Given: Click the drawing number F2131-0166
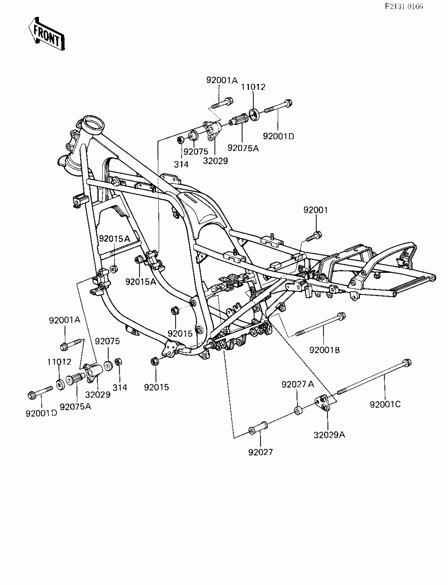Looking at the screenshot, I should pyautogui.click(x=404, y=6).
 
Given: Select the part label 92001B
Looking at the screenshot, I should pyautogui.click(x=324, y=350).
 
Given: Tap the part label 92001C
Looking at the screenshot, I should pyautogui.click(x=385, y=405).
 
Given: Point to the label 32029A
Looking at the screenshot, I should pyautogui.click(x=329, y=435).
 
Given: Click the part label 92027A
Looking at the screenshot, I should pyautogui.click(x=298, y=384).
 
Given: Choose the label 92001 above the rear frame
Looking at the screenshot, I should pyautogui.click(x=315, y=210).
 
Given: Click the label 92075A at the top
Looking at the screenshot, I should pyautogui.click(x=243, y=148).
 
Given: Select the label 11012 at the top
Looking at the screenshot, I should pyautogui.click(x=253, y=87).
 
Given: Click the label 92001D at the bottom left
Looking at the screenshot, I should pyautogui.click(x=41, y=413).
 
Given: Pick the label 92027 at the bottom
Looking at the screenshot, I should pyautogui.click(x=261, y=452).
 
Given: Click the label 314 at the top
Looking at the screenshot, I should pyautogui.click(x=181, y=164).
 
